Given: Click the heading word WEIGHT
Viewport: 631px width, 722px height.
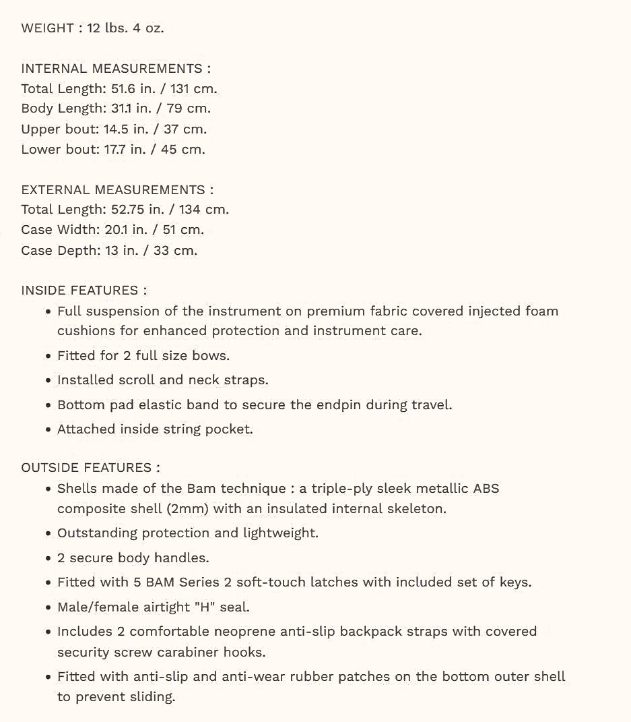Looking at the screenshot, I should pos(48,28).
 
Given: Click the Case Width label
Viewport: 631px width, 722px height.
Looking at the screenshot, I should pos(59,230).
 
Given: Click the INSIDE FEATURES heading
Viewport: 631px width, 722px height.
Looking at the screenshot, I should pos(84,291).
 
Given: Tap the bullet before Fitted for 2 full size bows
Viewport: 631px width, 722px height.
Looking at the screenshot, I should pos(48,356).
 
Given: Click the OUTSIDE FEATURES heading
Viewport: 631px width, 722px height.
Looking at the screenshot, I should pos(90,467).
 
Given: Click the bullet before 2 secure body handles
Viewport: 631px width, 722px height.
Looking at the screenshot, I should pos(48,558).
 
